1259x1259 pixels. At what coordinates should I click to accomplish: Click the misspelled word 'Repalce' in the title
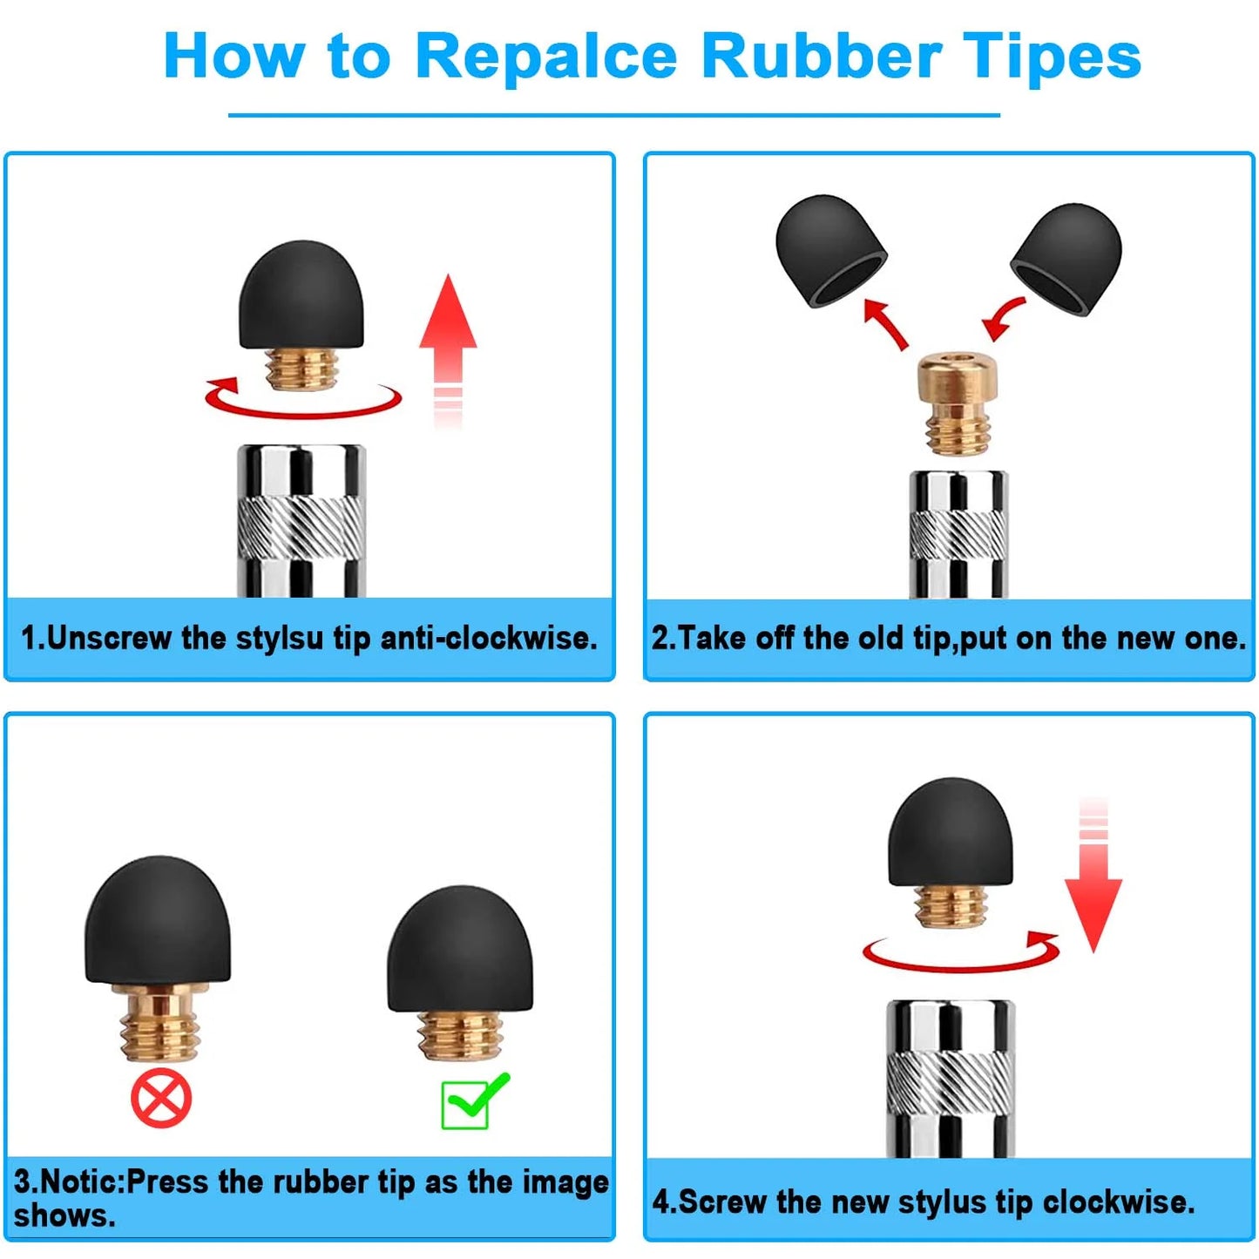[546, 58]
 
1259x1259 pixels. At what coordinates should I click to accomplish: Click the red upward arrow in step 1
[448, 349]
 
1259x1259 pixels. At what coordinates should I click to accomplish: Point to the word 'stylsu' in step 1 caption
[280, 640]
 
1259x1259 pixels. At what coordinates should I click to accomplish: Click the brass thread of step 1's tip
[302, 369]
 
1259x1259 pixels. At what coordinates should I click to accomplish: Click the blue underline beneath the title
[613, 115]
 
